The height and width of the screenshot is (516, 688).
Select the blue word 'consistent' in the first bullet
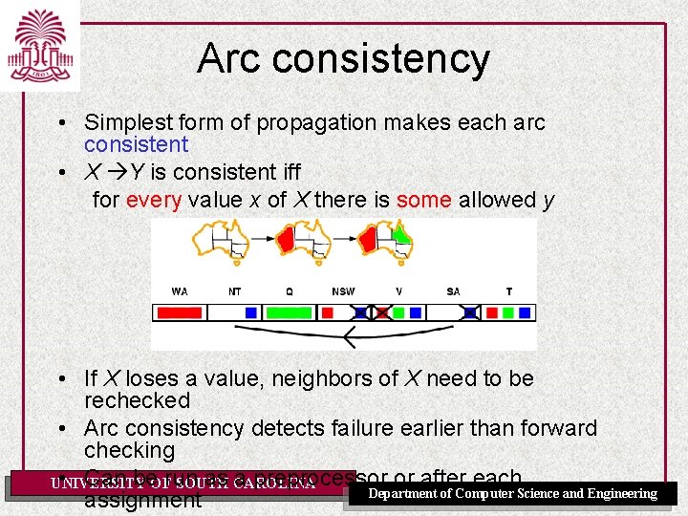click(x=136, y=145)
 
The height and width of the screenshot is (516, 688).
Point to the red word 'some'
click(x=424, y=200)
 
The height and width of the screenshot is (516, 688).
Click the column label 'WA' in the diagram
click(x=179, y=291)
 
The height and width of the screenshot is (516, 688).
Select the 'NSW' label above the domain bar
click(x=343, y=291)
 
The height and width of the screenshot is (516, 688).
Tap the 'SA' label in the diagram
click(x=453, y=291)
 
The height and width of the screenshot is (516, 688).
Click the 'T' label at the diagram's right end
click(x=508, y=291)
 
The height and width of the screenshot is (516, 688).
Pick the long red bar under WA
click(x=179, y=312)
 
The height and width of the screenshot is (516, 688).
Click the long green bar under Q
click(x=288, y=312)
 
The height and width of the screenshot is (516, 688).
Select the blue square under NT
click(x=250, y=312)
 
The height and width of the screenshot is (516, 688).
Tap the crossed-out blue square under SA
click(x=470, y=312)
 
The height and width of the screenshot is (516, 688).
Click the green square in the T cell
click(x=508, y=312)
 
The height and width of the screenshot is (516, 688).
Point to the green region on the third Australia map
click(x=402, y=235)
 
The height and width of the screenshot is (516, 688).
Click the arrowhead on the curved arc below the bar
click(x=350, y=336)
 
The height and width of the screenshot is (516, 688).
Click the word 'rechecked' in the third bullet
click(x=137, y=400)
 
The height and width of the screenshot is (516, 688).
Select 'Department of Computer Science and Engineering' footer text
click(x=512, y=494)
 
